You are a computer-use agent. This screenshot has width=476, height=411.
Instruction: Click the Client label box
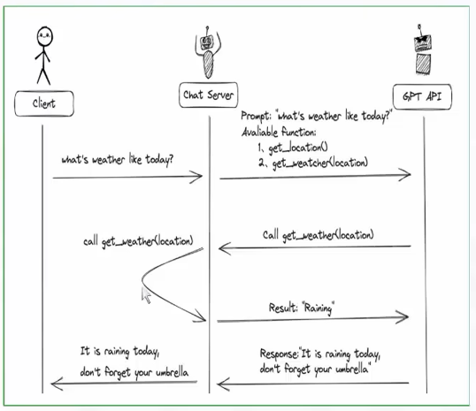pyautogui.click(x=44, y=103)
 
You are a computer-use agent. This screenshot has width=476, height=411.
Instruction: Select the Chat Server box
pyautogui.click(x=208, y=95)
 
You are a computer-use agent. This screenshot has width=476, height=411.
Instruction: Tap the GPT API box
pyautogui.click(x=422, y=96)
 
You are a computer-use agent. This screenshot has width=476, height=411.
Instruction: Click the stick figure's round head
pyautogui.click(x=45, y=36)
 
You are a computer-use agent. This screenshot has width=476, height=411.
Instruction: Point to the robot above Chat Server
pyautogui.click(x=208, y=51)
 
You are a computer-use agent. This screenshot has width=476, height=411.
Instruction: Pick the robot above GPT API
pyautogui.click(x=422, y=49)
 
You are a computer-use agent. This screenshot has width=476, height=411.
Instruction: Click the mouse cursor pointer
pyautogui.click(x=146, y=295)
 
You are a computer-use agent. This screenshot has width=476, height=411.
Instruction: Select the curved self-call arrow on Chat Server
pyautogui.click(x=142, y=280)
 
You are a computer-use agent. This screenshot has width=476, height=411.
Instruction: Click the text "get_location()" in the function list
pyautogui.click(x=298, y=148)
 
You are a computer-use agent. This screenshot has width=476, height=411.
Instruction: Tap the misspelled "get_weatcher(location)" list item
pyautogui.click(x=319, y=164)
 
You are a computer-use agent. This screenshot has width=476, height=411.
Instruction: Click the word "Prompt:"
pyautogui.click(x=256, y=116)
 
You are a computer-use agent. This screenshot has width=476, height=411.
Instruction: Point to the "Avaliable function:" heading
pyautogui.click(x=279, y=132)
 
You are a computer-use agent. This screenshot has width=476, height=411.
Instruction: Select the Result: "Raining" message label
pyautogui.click(x=302, y=308)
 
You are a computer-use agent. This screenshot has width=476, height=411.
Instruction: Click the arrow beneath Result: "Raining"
pyautogui.click(x=312, y=319)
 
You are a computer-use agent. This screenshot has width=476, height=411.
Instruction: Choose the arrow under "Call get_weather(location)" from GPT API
pyautogui.click(x=314, y=247)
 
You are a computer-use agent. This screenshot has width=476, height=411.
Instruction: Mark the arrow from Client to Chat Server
pyautogui.click(x=127, y=177)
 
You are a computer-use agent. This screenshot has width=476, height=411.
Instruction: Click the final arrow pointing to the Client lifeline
pyautogui.click(x=124, y=383)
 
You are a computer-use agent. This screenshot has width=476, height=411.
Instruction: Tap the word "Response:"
pyautogui.click(x=280, y=354)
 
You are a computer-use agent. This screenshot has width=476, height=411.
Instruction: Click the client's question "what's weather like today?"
pyautogui.click(x=117, y=160)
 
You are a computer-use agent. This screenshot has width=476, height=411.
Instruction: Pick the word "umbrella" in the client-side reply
pyautogui.click(x=172, y=372)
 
